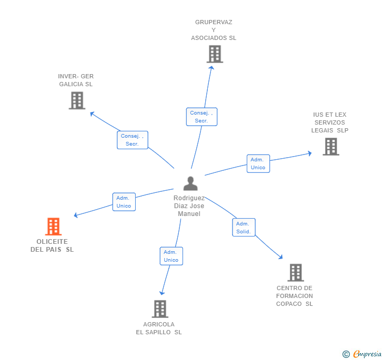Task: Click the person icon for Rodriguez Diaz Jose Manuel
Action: [x=190, y=183]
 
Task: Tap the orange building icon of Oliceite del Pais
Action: [x=53, y=227]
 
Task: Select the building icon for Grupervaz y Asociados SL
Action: [x=214, y=54]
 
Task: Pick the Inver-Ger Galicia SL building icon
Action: [x=77, y=100]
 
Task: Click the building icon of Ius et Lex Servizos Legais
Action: [x=330, y=147]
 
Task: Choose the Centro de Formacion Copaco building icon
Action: [x=296, y=273]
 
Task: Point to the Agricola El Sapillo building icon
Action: [x=160, y=309]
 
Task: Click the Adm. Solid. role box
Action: [x=244, y=228]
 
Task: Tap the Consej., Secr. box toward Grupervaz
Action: [x=201, y=117]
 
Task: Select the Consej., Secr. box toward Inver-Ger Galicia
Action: [x=132, y=140]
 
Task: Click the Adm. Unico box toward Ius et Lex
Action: [x=258, y=163]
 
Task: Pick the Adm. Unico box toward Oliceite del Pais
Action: [x=124, y=202]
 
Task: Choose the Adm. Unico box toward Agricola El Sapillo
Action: [x=171, y=256]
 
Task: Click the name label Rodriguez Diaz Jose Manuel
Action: [x=189, y=206]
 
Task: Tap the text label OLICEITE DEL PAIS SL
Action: [x=52, y=245]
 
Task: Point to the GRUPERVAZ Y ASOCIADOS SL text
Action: [x=214, y=30]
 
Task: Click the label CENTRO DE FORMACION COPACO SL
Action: [x=295, y=296]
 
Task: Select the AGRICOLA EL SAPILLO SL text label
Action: [x=159, y=328]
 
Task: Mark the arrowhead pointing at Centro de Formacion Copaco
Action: [x=281, y=257]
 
